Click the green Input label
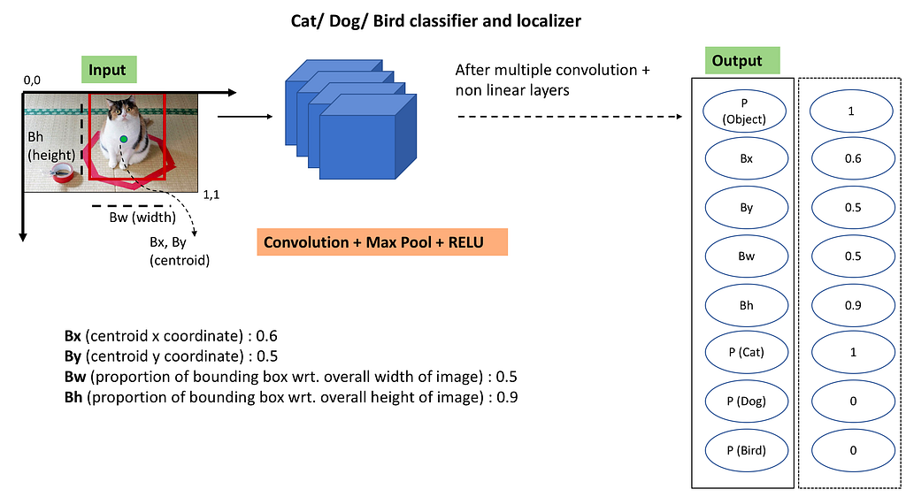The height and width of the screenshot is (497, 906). [107, 70]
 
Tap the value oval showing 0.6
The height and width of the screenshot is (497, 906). [852, 159]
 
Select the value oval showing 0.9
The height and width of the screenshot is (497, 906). [852, 305]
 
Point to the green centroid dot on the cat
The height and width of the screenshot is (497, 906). [124, 141]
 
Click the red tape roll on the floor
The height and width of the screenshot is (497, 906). [62, 172]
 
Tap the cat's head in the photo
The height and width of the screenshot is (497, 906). [124, 110]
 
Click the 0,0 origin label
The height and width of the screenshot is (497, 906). [33, 80]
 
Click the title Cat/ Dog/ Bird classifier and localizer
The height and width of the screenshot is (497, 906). [436, 20]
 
